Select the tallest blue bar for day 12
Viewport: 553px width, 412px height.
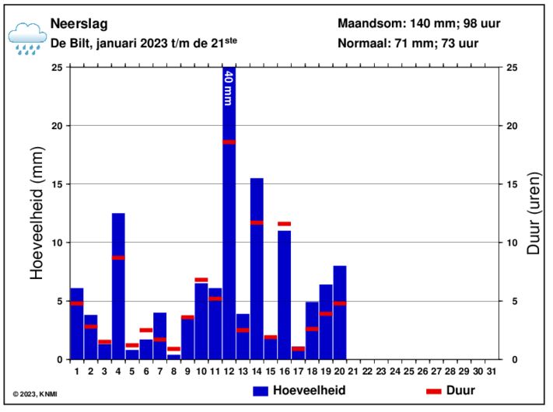[229, 233]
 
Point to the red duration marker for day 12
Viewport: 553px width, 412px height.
[229, 141]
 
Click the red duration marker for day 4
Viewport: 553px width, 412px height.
[118, 257]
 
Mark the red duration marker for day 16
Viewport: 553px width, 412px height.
[284, 224]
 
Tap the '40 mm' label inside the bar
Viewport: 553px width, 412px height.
[229, 87]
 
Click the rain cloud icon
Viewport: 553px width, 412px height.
[26, 37]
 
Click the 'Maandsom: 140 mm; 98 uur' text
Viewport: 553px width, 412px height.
[418, 23]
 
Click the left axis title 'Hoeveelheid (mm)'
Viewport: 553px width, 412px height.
[37, 213]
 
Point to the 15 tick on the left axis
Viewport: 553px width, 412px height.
[58, 184]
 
